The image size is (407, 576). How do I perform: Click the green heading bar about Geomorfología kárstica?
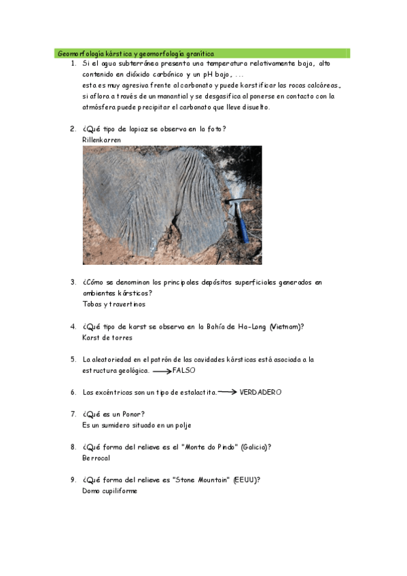click(x=202, y=52)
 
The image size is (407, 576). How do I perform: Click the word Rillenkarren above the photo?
click(x=101, y=139)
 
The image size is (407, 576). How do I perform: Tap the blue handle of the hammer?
click(x=241, y=225)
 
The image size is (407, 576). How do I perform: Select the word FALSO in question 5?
click(x=184, y=371)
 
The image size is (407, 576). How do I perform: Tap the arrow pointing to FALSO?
click(x=162, y=372)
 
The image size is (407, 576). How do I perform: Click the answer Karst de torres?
click(x=107, y=338)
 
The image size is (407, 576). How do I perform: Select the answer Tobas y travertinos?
click(x=113, y=304)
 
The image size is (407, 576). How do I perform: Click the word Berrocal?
click(x=96, y=458)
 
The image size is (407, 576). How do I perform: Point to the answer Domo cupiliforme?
click(x=109, y=491)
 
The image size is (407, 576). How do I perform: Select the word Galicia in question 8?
click(x=255, y=447)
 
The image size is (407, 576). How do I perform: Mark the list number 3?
click(x=73, y=282)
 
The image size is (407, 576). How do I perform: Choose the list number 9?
click(x=73, y=480)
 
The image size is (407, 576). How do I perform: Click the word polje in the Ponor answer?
click(x=182, y=425)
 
